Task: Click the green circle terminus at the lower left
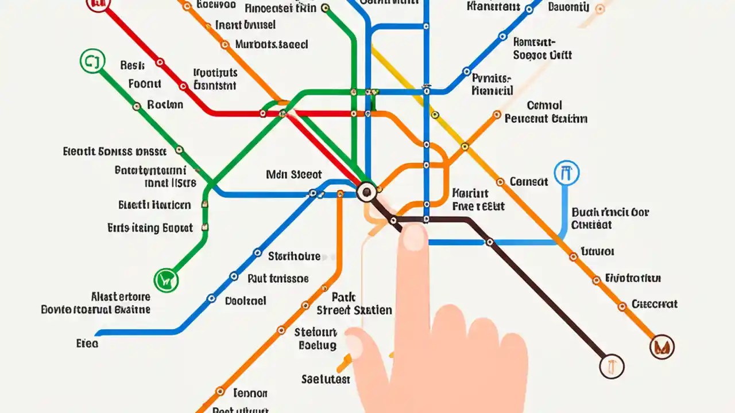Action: tap(166, 280)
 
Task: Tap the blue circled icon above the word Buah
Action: tap(566, 173)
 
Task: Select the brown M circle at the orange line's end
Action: tap(661, 346)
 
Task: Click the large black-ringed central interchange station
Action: tap(366, 192)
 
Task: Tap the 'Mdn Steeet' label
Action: tap(294, 174)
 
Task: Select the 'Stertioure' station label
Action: tap(294, 256)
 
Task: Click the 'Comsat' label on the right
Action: tap(528, 181)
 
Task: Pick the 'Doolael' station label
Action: tap(245, 300)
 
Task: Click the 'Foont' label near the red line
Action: tap(145, 84)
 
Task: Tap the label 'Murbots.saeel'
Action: tap(272, 44)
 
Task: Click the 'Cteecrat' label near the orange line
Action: tap(654, 304)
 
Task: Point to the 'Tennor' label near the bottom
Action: tap(250, 393)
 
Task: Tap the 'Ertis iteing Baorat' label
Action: tap(150, 228)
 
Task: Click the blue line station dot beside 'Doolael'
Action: tap(211, 298)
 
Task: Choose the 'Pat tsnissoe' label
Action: tap(278, 279)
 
